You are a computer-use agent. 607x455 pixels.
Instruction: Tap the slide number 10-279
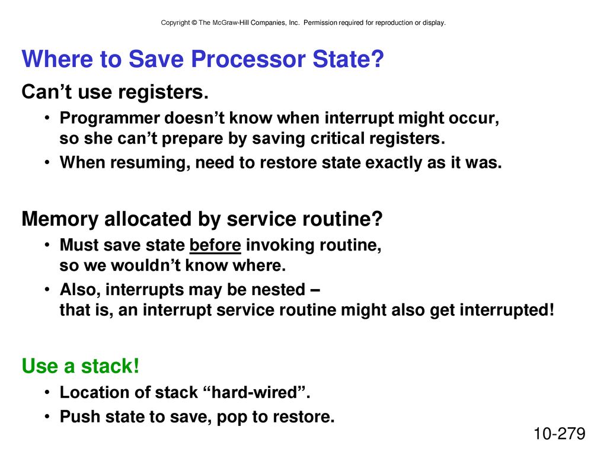coord(560,434)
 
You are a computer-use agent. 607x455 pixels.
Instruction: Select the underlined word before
coord(215,245)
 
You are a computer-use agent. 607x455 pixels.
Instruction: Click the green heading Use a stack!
coord(81,366)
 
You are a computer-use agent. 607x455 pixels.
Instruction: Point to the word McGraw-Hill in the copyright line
coord(231,23)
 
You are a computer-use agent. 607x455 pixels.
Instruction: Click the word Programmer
coord(110,118)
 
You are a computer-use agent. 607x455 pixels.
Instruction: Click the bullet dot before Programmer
coord(47,118)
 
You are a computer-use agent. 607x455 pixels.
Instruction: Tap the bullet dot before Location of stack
coord(47,393)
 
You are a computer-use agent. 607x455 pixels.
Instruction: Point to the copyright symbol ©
coord(194,23)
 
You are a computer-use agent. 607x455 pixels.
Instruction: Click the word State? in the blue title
coord(348,59)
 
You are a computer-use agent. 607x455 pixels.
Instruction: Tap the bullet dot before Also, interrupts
coord(47,289)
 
